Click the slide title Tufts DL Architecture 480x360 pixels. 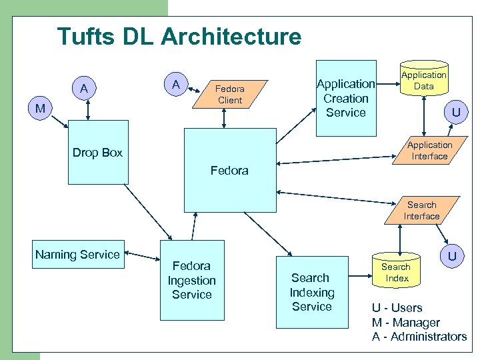pos(179,36)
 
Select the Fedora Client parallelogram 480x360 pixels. pos(230,95)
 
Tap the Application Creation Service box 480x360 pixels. pos(345,98)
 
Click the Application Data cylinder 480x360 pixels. pos(423,81)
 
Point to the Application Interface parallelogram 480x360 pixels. pos(429,151)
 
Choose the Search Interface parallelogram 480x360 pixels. pos(421,211)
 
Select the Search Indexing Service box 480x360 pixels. pos(311,292)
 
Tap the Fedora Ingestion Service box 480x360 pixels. pos(191,280)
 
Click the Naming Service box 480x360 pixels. pos(77,254)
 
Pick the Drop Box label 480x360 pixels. pos(97,153)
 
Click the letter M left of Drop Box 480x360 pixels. pos(41,109)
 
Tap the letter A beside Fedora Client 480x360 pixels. pos(176,85)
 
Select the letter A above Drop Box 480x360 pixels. pos(84,89)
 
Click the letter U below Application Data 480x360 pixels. pos(455,112)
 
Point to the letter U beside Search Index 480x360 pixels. pos(452,256)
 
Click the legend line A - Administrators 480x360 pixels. pos(419,337)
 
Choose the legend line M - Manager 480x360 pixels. pos(405,323)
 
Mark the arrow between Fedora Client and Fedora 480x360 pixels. pos(225,118)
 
